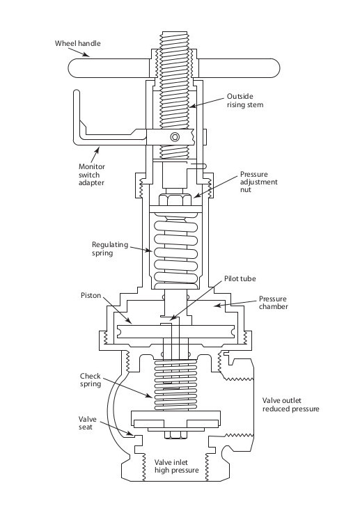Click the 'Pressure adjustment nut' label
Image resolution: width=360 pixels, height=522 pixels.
click(x=258, y=182)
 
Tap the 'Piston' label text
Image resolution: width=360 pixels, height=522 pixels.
click(x=90, y=295)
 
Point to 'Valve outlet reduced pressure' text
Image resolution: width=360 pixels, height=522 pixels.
click(x=290, y=404)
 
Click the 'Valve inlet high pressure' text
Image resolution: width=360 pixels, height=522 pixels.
click(x=176, y=466)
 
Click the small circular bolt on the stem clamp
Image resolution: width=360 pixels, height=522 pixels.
click(x=175, y=136)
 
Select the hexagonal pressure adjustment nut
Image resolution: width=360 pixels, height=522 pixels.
click(x=175, y=200)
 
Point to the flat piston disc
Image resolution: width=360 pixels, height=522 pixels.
click(x=175, y=331)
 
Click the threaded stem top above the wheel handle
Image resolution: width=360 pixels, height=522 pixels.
click(x=175, y=38)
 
